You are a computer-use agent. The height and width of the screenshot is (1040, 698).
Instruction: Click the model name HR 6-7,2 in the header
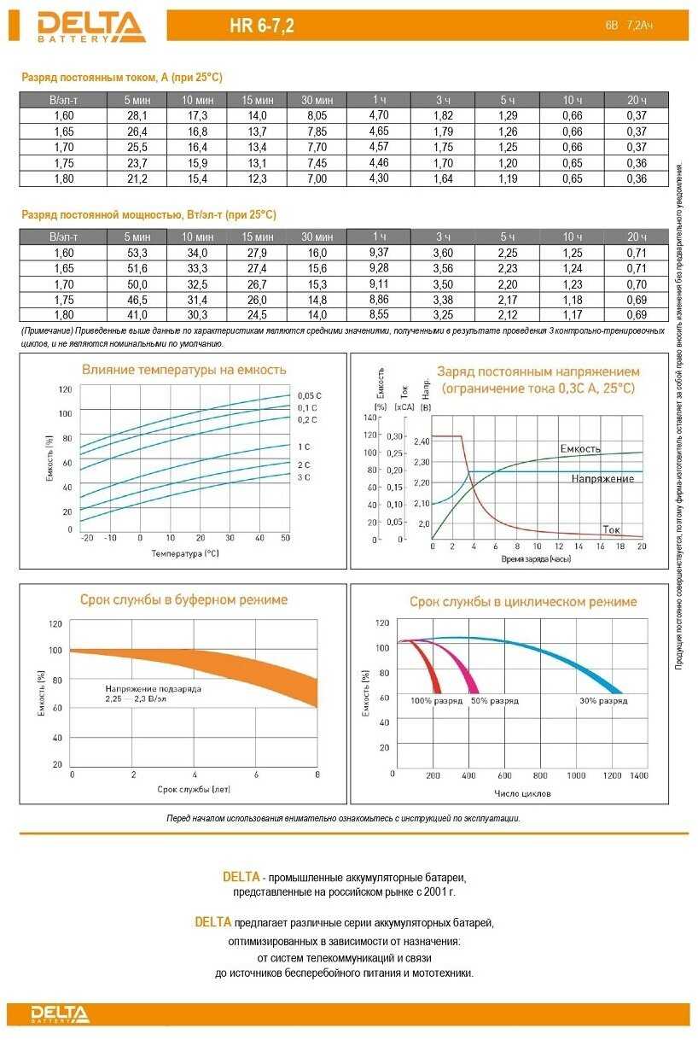click(261, 26)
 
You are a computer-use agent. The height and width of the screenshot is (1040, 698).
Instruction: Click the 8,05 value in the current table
click(317, 115)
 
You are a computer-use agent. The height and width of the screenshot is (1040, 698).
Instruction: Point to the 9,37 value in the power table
click(379, 252)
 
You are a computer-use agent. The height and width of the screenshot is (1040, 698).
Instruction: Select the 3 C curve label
click(304, 477)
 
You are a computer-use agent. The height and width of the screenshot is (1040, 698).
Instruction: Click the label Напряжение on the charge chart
click(602, 479)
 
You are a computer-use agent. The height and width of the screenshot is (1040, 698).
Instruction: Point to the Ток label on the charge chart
click(611, 529)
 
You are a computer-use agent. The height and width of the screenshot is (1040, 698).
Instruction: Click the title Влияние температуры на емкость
click(183, 370)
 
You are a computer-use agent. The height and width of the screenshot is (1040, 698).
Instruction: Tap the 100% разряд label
click(436, 701)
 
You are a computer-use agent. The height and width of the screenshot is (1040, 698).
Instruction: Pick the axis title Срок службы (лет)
click(195, 791)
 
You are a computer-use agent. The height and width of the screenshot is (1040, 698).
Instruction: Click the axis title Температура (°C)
click(184, 553)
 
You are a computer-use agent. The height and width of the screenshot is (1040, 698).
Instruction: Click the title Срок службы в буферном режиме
click(183, 599)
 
